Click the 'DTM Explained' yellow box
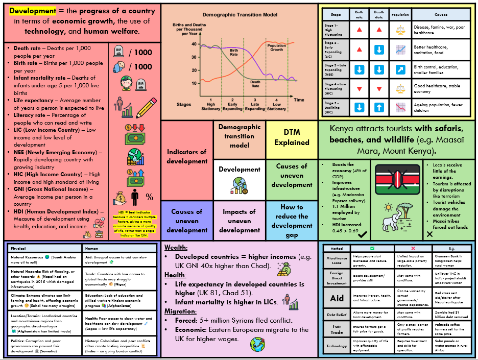click(x=292, y=138)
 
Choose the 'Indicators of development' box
click(x=187, y=157)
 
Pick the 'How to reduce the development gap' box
click(x=292, y=221)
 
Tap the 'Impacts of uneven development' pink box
click(x=239, y=221)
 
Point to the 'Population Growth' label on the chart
click(x=276, y=47)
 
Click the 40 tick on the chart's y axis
click(x=194, y=44)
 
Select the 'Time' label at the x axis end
click(x=299, y=99)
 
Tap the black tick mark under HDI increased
click(x=363, y=234)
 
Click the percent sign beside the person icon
click(x=149, y=197)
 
